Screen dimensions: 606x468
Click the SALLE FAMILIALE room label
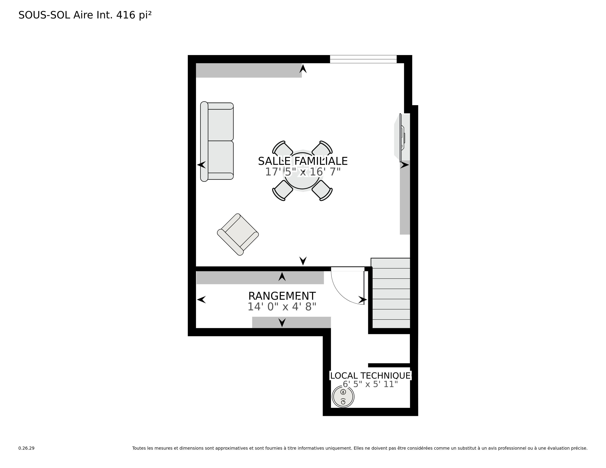(303, 161)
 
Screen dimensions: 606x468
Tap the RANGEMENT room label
(282, 296)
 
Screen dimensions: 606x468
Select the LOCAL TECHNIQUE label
(370, 376)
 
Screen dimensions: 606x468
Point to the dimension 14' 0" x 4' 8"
(282, 307)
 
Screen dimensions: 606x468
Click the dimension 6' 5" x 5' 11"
(370, 384)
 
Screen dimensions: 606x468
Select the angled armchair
(238, 235)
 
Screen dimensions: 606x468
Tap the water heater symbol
(343, 397)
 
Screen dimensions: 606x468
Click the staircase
(391, 293)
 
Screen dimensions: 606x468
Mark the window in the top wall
(363, 59)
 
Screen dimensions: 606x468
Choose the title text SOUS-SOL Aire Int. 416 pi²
(85, 15)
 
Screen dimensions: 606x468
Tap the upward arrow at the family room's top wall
(303, 68)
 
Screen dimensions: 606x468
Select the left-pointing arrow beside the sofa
(201, 165)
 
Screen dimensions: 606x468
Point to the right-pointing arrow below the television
(405, 165)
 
